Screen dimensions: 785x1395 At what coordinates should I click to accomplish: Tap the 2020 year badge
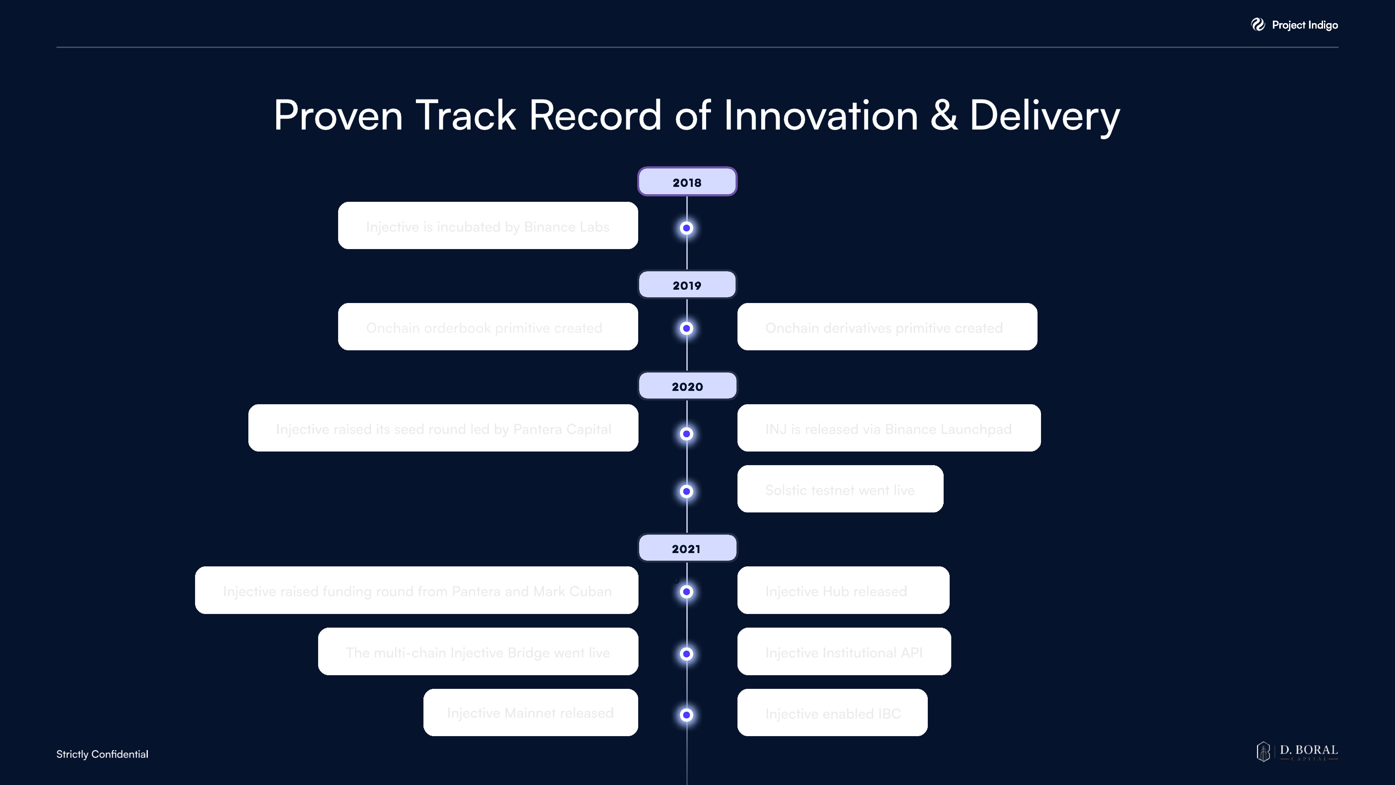click(687, 386)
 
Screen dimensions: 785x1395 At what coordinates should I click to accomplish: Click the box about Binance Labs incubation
click(488, 226)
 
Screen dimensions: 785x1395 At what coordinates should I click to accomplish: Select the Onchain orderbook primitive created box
click(488, 327)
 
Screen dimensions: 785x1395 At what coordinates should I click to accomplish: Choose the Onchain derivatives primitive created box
click(887, 327)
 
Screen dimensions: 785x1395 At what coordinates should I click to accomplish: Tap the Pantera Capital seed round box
click(443, 428)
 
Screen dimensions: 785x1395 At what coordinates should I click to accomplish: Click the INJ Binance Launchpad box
click(888, 428)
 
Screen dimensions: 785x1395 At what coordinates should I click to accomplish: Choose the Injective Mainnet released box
click(530, 712)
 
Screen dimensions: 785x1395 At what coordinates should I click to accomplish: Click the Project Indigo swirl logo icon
click(1257, 24)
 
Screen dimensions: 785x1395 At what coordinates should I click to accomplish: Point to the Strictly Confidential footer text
click(102, 754)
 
